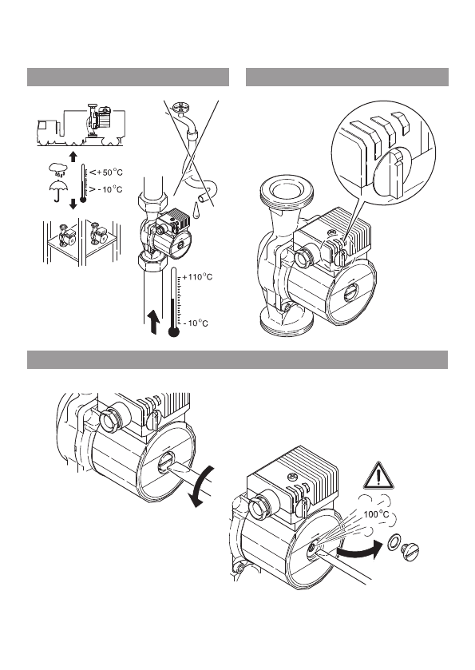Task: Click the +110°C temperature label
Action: tap(197, 277)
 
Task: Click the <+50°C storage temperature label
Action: tap(106, 172)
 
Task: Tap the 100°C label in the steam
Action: tap(376, 514)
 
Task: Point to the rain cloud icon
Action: tap(57, 168)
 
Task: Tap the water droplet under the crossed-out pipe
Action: tap(197, 209)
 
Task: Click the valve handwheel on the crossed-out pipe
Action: tap(179, 106)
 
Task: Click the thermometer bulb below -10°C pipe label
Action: tap(173, 331)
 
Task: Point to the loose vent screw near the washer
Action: tap(410, 551)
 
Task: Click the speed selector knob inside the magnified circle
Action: tap(394, 172)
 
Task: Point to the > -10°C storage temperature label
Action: tap(106, 189)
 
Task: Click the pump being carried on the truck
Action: tap(98, 120)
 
